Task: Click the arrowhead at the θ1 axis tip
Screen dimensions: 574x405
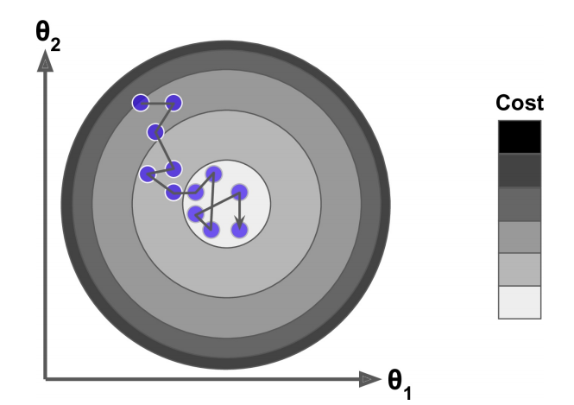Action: pyautogui.click(x=369, y=378)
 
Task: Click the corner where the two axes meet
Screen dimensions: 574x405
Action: pyautogui.click(x=45, y=378)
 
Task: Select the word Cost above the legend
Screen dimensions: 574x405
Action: pyautogui.click(x=520, y=104)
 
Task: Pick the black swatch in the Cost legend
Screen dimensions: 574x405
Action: pyautogui.click(x=520, y=136)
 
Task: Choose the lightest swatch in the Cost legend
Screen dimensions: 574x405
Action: pyautogui.click(x=520, y=302)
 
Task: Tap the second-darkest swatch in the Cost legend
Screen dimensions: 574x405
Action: pyautogui.click(x=520, y=170)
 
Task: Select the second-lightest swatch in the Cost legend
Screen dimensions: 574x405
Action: pyautogui.click(x=520, y=269)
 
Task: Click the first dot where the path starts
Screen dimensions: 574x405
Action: pyautogui.click(x=140, y=103)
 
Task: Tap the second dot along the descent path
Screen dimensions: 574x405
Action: pyautogui.click(x=173, y=103)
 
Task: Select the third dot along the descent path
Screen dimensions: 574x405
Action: pyautogui.click(x=155, y=132)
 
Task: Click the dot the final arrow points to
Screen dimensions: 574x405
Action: pyautogui.click(x=239, y=230)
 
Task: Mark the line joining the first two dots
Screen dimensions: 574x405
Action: pyautogui.click(x=156, y=103)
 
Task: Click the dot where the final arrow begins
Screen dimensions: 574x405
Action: pyautogui.click(x=239, y=192)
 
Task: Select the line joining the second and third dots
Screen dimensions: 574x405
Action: pyautogui.click(x=165, y=117)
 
